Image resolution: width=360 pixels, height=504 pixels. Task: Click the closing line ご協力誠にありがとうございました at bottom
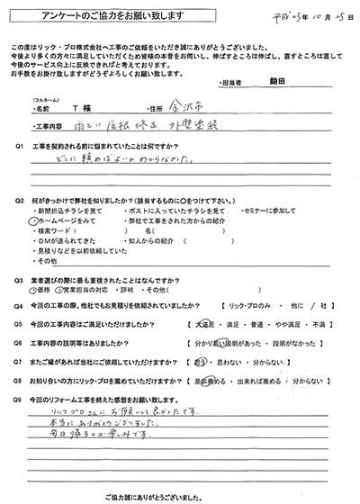pos(180,496)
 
